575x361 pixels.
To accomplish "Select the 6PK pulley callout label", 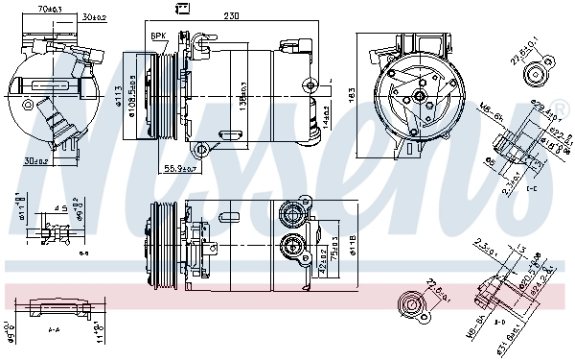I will pyautogui.click(x=158, y=36).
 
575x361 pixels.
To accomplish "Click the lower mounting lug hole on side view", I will pyautogui.click(x=200, y=149).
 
